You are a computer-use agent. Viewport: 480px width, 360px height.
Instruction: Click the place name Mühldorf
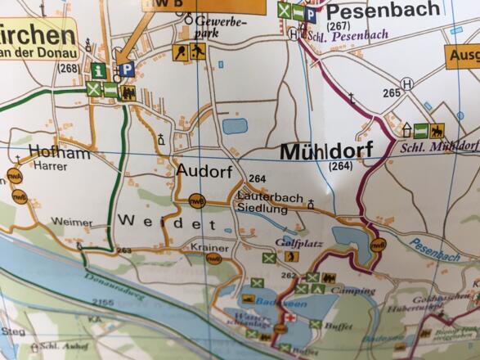[325, 151]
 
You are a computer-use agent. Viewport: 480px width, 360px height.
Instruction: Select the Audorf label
[204, 171]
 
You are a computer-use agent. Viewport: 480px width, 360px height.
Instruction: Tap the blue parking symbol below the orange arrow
[126, 71]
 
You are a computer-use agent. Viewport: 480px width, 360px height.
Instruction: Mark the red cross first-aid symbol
[289, 317]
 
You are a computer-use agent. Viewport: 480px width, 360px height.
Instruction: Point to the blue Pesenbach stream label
[435, 250]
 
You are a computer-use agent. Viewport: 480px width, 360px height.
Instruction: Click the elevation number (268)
[68, 67]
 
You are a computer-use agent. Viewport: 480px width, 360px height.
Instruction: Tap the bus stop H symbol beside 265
[407, 83]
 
